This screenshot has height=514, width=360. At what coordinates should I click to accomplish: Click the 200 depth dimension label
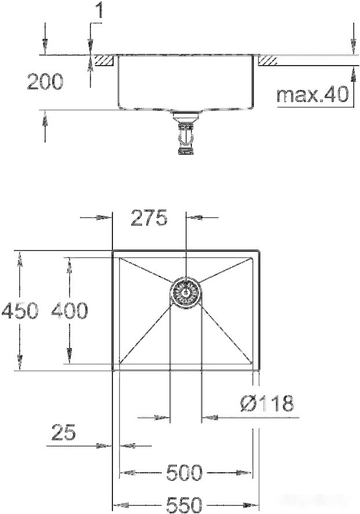pyautogui.click(x=45, y=82)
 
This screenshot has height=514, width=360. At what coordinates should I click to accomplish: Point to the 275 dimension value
pyautogui.click(x=148, y=218)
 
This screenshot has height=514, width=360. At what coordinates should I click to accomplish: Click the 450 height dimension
pyautogui.click(x=19, y=311)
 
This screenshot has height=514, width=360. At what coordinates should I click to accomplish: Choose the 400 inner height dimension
pyautogui.click(x=70, y=311)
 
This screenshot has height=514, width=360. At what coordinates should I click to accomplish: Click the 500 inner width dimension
pyautogui.click(x=185, y=473)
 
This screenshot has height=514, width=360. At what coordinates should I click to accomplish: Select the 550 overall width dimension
pyautogui.click(x=185, y=505)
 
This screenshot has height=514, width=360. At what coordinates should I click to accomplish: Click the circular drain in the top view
pyautogui.click(x=186, y=292)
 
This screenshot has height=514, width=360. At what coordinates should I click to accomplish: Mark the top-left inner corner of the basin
pyautogui.click(x=120, y=259)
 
